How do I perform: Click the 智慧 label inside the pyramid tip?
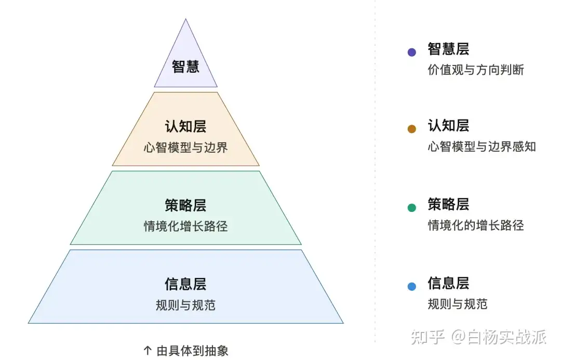(185, 67)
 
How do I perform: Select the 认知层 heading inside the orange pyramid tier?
(185, 126)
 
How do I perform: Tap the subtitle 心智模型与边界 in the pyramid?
(185, 148)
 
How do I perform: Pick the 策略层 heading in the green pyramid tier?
(185, 205)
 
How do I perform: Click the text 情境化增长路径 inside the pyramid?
(185, 226)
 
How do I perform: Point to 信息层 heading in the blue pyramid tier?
(185, 284)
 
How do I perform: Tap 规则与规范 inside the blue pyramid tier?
(185, 305)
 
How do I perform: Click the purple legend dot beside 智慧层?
(412, 52)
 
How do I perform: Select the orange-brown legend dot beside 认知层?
(412, 129)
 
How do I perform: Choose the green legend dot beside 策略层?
(412, 208)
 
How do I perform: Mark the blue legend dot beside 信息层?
(412, 286)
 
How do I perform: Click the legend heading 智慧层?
(448, 49)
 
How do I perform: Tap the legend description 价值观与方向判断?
(476, 70)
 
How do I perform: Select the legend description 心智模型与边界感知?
(482, 146)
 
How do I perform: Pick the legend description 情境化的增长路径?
(476, 225)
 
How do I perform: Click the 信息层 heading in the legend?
(448, 284)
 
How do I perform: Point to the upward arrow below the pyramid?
(148, 351)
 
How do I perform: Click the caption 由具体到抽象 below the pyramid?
(192, 351)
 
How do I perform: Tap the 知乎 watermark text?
(428, 337)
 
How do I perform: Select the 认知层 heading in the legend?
(448, 126)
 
